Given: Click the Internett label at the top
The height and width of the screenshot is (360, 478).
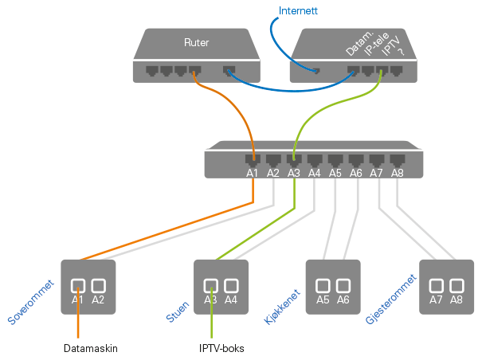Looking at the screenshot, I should pyautogui.click(x=298, y=11).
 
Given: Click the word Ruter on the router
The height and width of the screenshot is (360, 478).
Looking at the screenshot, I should pyautogui.click(x=196, y=42).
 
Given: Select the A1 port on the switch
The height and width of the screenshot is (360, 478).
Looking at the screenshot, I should pyautogui.click(x=253, y=159).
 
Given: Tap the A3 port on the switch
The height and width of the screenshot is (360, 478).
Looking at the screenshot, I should pyautogui.click(x=294, y=159).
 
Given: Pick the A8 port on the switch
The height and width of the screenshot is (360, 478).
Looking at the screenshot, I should pyautogui.click(x=398, y=159).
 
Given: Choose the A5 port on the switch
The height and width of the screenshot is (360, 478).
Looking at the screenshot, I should pyautogui.click(x=335, y=159).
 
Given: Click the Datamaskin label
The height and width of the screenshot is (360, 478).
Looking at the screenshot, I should pyautogui.click(x=91, y=348).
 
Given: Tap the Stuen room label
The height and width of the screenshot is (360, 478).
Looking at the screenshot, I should pyautogui.click(x=178, y=307).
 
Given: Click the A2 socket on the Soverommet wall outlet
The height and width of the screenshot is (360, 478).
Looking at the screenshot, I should pyautogui.click(x=99, y=285).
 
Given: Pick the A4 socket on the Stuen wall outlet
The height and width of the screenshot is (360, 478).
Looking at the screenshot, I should pyautogui.click(x=232, y=285).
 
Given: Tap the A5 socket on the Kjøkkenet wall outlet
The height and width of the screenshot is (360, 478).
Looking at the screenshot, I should pyautogui.click(x=323, y=285).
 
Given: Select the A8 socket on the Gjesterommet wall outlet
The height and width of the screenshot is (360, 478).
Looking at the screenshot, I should pyautogui.click(x=456, y=285).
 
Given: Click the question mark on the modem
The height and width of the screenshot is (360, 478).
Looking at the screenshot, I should pyautogui.click(x=400, y=53).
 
